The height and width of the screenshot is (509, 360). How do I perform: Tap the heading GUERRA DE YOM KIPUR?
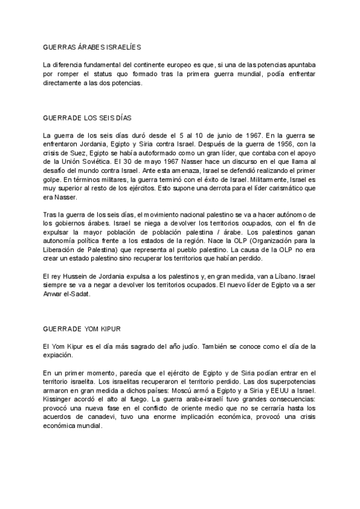click(83, 330)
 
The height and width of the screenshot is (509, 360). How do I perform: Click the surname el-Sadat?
click(85, 294)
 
